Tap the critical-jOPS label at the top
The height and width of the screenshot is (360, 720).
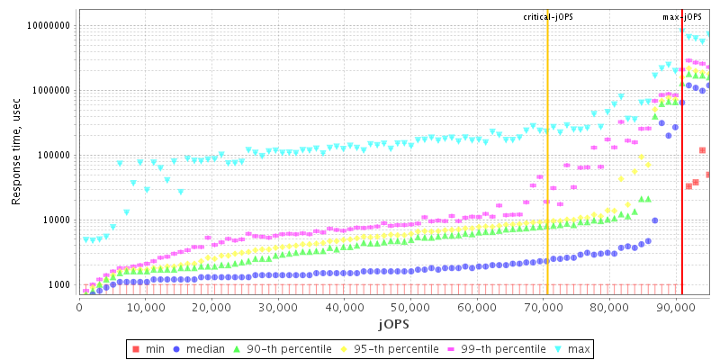tap(547, 17)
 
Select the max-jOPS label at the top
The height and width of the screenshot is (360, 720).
tap(682, 17)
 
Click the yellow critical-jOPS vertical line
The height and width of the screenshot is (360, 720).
tap(547, 180)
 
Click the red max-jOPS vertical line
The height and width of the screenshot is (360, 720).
tap(682, 180)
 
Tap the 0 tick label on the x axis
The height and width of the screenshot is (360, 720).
tap(79, 308)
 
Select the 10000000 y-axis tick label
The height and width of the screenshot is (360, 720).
tap(49, 26)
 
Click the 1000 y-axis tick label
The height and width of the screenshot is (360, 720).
tap(59, 284)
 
